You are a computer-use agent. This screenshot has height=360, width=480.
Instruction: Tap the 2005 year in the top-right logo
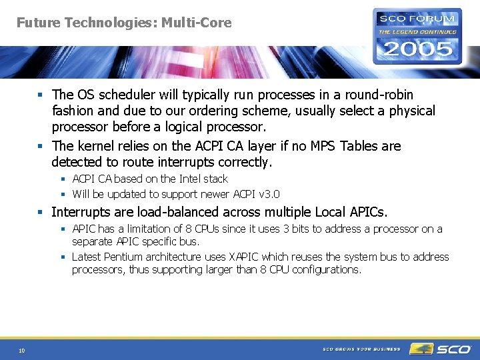click(417, 49)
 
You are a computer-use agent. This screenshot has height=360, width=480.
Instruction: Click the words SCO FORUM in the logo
click(417, 19)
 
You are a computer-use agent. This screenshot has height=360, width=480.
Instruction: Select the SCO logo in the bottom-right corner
click(441, 349)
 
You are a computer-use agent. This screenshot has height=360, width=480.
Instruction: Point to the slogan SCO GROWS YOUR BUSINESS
click(361, 349)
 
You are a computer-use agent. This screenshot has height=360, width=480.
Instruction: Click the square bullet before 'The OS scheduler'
click(42, 95)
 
